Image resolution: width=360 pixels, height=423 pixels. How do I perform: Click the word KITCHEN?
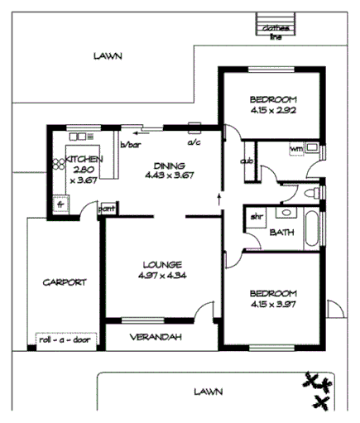pos(84,159)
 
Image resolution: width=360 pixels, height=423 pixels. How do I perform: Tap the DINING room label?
pos(168,165)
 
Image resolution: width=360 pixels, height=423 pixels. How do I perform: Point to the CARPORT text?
pos(64,281)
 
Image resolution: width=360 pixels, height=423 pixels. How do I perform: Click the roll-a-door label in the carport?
pos(65,339)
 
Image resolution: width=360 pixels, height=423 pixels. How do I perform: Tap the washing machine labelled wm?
pos(297,149)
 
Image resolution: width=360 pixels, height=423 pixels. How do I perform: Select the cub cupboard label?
pos(246,161)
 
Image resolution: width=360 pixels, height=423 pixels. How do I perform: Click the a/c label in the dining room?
pos(194,142)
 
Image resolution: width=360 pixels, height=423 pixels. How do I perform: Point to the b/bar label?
pos(131,143)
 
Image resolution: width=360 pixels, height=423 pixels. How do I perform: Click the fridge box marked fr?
pos(59,201)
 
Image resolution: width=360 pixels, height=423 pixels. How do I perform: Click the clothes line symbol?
pos(273,29)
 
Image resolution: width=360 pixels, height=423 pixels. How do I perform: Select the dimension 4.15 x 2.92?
pos(272,109)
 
